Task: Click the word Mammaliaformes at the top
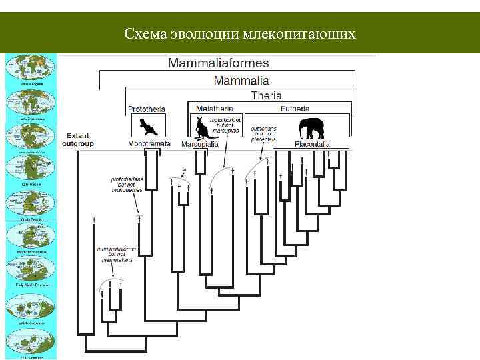pyautogui.click(x=219, y=63)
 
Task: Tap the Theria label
pyautogui.click(x=266, y=95)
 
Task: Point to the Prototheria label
pyautogui.click(x=146, y=109)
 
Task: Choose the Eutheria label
pyautogui.click(x=294, y=108)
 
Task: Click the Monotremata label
pyautogui.click(x=149, y=143)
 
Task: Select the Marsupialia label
pyautogui.click(x=202, y=143)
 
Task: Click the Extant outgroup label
pyautogui.click(x=78, y=139)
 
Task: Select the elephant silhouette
pyautogui.click(x=313, y=127)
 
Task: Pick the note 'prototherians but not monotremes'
pyautogui.click(x=127, y=184)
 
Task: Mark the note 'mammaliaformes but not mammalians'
pyautogui.click(x=116, y=254)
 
